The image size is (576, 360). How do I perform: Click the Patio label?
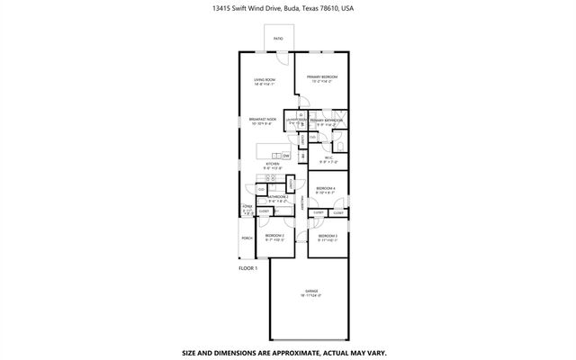pyautogui.click(x=278, y=40)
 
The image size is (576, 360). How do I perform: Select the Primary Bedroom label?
pyautogui.click(x=320, y=77)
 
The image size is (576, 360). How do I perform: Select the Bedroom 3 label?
pyautogui.click(x=327, y=235)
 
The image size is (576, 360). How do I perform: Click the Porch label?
pyautogui.click(x=246, y=238)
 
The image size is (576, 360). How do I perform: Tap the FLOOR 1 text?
pyautogui.click(x=248, y=268)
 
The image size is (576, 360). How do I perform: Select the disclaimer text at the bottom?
pyautogui.click(x=288, y=352)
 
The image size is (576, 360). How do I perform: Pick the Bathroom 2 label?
pyautogui.click(x=278, y=196)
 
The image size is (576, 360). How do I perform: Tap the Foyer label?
pyautogui.click(x=247, y=208)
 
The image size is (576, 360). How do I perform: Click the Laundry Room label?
pyautogui.click(x=297, y=119)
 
